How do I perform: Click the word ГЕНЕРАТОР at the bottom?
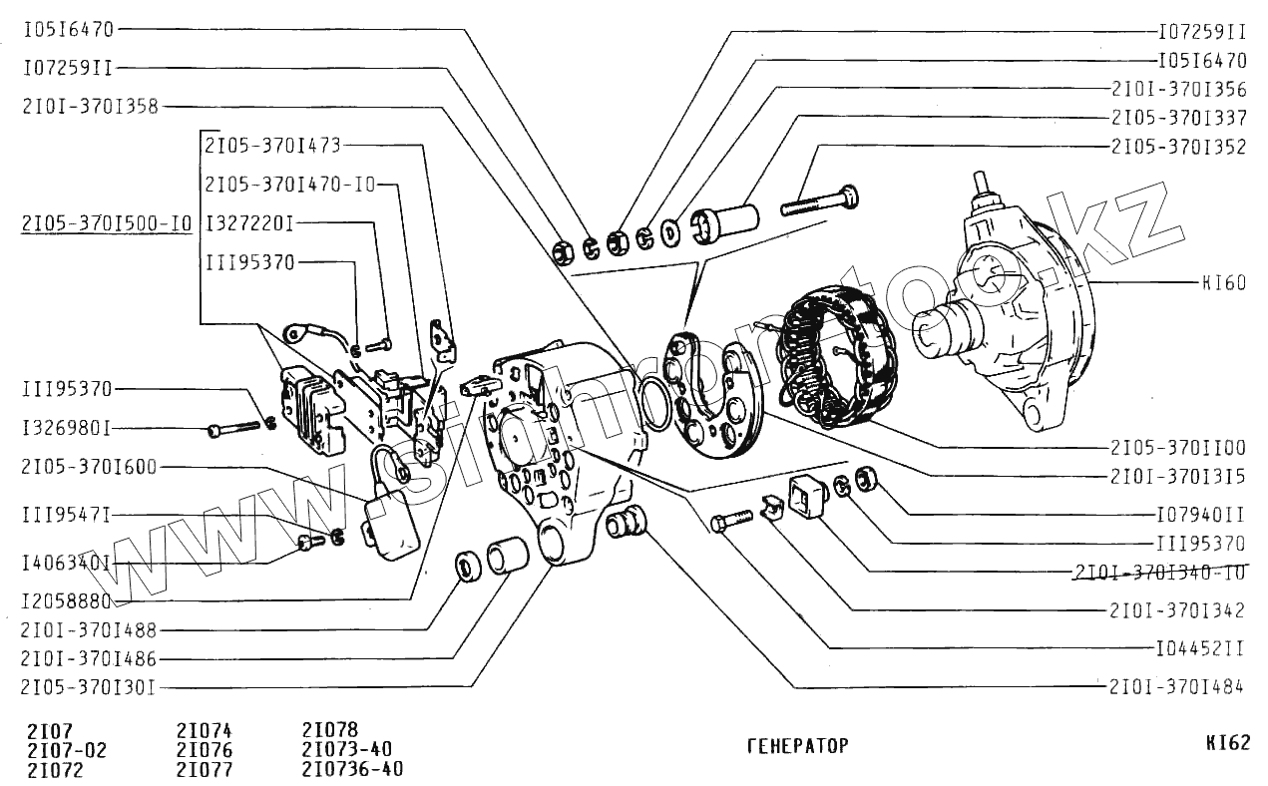(x=797, y=746)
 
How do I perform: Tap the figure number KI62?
(x=1226, y=743)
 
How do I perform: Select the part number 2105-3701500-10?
(x=106, y=223)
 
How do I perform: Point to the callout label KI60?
(x=1223, y=283)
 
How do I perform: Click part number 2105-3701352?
(x=1178, y=146)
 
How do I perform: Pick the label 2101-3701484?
(x=1176, y=686)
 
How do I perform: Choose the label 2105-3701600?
(x=89, y=468)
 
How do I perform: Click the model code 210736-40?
(x=352, y=769)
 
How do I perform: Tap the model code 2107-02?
(x=67, y=750)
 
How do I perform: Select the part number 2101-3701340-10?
(x=1160, y=573)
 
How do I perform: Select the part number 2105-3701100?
(x=1178, y=448)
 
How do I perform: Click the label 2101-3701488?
(x=89, y=629)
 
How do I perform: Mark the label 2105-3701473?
(x=272, y=146)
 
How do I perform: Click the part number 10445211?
(x=1200, y=648)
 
